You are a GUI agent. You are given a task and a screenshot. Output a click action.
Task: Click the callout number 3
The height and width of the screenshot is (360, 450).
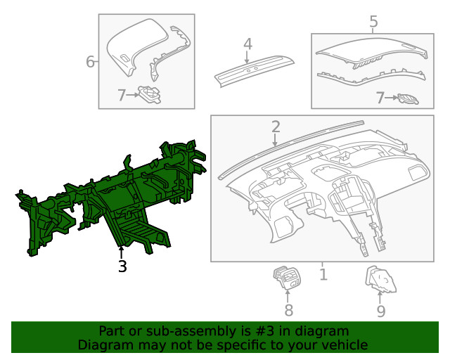(x=122, y=266)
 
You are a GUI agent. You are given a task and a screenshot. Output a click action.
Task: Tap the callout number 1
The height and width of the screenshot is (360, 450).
(x=323, y=274)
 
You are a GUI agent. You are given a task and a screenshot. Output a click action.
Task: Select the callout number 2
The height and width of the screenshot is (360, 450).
(x=276, y=127)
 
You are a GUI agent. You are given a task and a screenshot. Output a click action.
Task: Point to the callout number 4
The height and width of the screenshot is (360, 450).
(x=247, y=44)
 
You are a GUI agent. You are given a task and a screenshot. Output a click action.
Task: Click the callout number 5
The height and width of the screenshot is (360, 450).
(x=373, y=22)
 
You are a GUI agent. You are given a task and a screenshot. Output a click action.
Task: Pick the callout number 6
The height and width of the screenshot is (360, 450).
(x=90, y=62)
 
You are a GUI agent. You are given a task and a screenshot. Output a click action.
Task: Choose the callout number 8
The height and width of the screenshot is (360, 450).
(x=288, y=310)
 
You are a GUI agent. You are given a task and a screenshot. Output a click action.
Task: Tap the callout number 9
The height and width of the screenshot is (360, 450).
(x=381, y=310)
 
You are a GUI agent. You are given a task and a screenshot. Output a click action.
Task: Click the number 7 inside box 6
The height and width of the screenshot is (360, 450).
(x=121, y=94)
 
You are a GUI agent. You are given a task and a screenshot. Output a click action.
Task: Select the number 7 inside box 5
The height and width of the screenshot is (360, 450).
(x=380, y=98)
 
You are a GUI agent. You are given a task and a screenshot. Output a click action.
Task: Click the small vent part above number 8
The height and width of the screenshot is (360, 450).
(x=286, y=278)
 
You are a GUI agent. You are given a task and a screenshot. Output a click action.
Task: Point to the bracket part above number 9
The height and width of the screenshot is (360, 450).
(x=380, y=281)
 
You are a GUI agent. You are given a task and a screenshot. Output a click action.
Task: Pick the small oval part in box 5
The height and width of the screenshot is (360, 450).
(x=408, y=98)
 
